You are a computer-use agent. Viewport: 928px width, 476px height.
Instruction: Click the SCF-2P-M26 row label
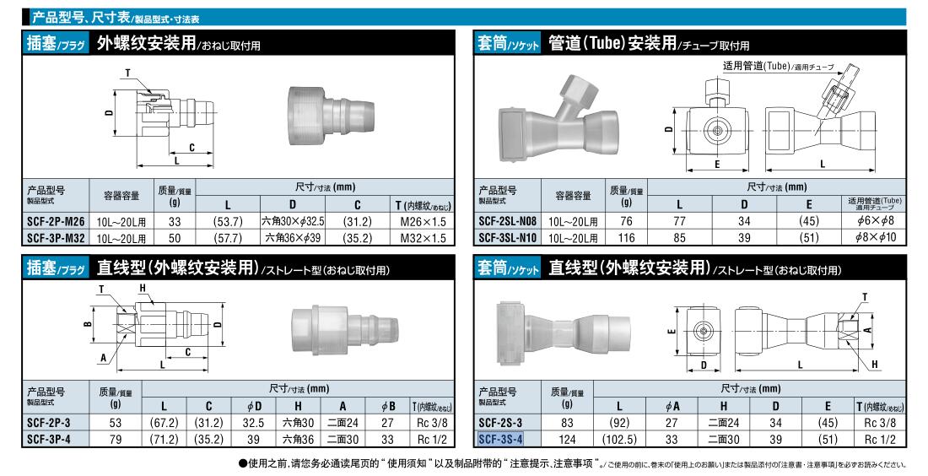(x=56, y=222)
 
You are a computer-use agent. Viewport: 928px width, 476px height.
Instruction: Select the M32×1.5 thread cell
(x=424, y=238)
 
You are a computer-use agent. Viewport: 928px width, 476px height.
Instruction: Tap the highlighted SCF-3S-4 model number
(x=500, y=440)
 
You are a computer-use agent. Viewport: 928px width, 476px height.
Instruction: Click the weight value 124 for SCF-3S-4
(x=567, y=440)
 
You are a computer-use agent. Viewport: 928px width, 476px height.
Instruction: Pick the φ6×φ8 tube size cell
(x=875, y=221)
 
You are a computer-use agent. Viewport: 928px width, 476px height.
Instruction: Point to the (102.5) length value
(x=619, y=440)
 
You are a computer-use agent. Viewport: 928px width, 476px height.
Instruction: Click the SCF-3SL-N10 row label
(x=507, y=238)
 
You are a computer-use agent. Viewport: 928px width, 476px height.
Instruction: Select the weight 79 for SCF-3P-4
(x=116, y=440)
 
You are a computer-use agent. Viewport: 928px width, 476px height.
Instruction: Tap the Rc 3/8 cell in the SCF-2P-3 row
(x=432, y=423)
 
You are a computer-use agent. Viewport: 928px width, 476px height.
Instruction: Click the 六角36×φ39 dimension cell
(x=293, y=238)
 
